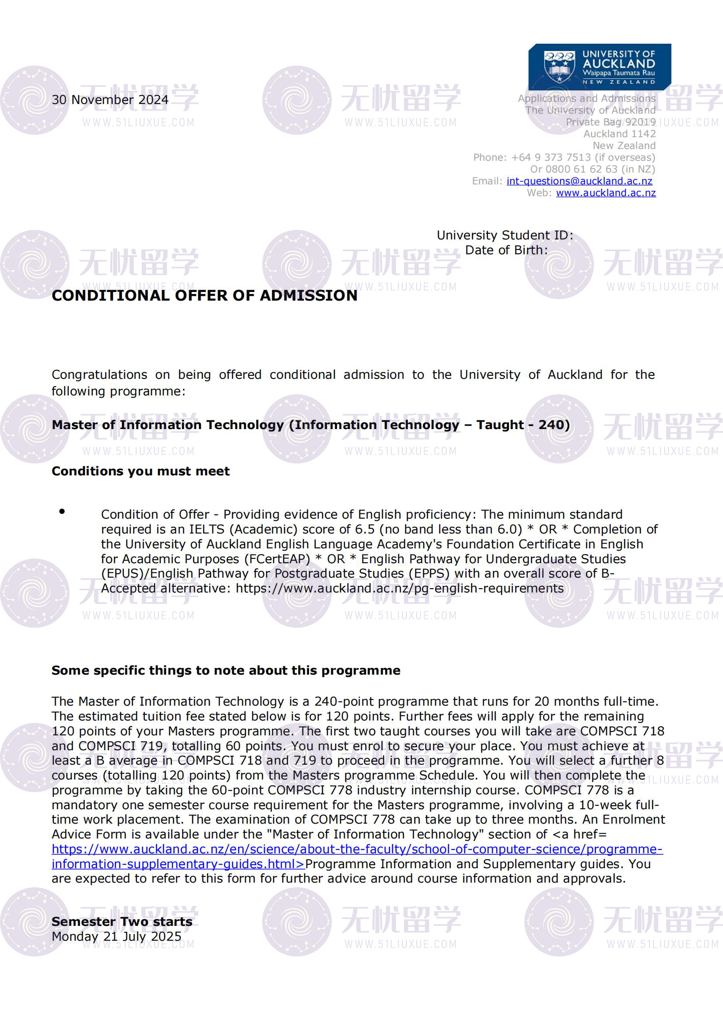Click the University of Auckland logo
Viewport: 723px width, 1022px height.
[x=599, y=67]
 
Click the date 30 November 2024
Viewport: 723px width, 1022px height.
[x=110, y=100]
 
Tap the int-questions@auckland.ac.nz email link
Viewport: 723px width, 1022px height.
[x=579, y=181]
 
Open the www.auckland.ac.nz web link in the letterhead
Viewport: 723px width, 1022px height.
[x=605, y=193]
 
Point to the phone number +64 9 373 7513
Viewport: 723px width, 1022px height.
[x=551, y=158]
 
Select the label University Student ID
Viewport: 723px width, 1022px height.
[x=504, y=235]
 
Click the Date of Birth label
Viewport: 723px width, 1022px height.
[x=506, y=250]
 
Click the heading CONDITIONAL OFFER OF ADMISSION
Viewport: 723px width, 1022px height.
[x=204, y=295]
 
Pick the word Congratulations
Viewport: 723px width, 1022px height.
[x=99, y=375]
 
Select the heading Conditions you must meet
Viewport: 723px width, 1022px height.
[x=141, y=471]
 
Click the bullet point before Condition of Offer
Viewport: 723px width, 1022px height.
[x=62, y=512]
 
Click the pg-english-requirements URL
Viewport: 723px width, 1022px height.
[x=400, y=589]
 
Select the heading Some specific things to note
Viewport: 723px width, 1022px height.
[x=226, y=670]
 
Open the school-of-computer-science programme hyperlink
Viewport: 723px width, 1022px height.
[x=357, y=849]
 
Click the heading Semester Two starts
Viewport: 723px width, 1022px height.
[x=122, y=922]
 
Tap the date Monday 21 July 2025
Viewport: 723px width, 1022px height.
[x=117, y=936]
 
